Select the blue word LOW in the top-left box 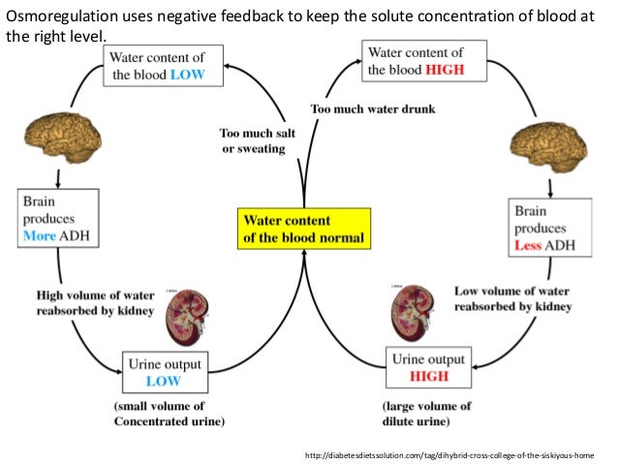tap(182, 76)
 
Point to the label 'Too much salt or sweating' tap(252, 141)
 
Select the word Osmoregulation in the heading tap(52, 15)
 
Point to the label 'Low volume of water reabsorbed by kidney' tap(513, 298)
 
